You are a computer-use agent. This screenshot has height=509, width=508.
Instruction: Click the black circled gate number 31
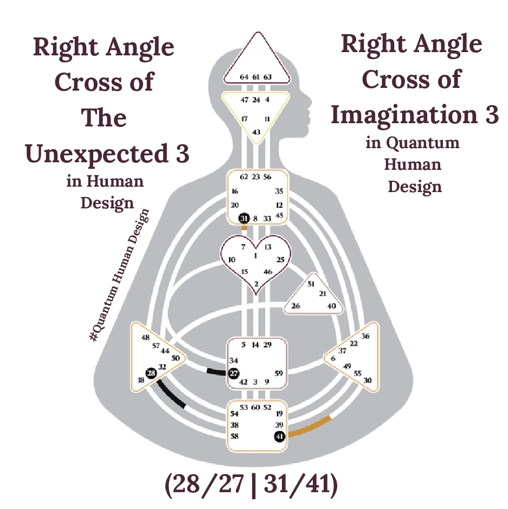point(244,219)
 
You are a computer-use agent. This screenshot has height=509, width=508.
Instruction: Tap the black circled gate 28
point(151,373)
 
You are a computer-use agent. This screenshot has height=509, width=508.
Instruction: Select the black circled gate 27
point(234,373)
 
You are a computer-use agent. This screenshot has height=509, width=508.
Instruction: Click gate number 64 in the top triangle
point(244,77)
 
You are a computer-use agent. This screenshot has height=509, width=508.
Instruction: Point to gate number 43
point(256,132)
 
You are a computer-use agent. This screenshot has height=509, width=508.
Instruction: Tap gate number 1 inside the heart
point(255,255)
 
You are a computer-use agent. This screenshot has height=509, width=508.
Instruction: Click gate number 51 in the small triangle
point(311,284)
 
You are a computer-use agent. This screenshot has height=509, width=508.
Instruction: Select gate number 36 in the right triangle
point(365,336)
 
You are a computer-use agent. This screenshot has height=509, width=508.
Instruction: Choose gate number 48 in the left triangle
point(145,338)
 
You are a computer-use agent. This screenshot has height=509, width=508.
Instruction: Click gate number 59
point(279,373)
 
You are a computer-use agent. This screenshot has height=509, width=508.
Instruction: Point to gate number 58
point(234,436)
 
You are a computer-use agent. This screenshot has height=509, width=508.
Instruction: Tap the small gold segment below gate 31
point(244,228)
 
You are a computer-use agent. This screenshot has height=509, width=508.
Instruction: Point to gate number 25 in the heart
point(280,260)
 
